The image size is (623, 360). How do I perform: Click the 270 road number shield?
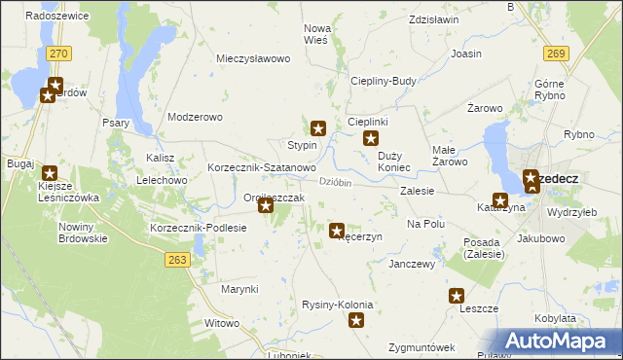[x=58, y=52]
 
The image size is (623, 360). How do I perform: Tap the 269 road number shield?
[x=556, y=52]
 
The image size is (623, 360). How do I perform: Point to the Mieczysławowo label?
[x=254, y=58]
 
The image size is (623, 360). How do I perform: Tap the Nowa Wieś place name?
[x=317, y=34]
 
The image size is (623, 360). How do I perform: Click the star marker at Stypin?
[x=318, y=127]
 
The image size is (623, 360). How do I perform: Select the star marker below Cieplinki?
[x=371, y=139]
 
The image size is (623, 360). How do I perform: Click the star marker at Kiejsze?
[x=50, y=172]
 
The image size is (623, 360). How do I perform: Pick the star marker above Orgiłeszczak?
[x=265, y=204]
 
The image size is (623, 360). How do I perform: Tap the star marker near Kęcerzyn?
[x=337, y=231]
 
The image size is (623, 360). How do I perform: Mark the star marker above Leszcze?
[x=457, y=296]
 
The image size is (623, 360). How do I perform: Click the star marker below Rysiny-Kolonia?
[x=357, y=320]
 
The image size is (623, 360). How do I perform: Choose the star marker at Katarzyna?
[x=499, y=199]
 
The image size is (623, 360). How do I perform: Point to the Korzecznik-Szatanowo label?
[x=261, y=168]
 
